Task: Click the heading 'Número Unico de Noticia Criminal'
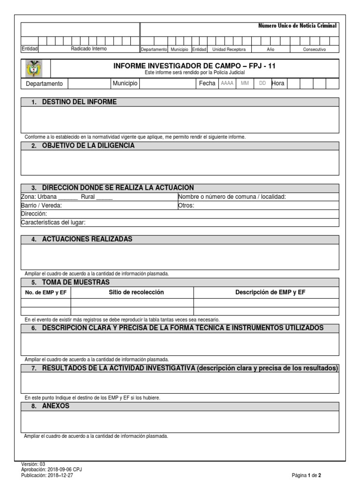click(298, 26)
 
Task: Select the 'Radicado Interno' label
click(89, 49)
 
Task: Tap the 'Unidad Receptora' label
click(229, 49)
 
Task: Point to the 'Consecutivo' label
click(314, 49)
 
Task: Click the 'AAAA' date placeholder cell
click(227, 83)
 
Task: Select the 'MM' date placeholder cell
click(245, 83)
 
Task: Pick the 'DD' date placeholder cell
click(262, 83)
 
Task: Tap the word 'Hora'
click(278, 83)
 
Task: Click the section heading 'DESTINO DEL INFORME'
click(79, 102)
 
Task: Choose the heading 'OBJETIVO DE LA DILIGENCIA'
click(88, 146)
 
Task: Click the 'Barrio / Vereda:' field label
click(41, 205)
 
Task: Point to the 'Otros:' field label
click(186, 205)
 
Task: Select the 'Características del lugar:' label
click(53, 222)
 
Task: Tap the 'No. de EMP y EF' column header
click(45, 292)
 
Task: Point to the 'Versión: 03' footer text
click(33, 464)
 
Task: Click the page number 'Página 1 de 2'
click(306, 475)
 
